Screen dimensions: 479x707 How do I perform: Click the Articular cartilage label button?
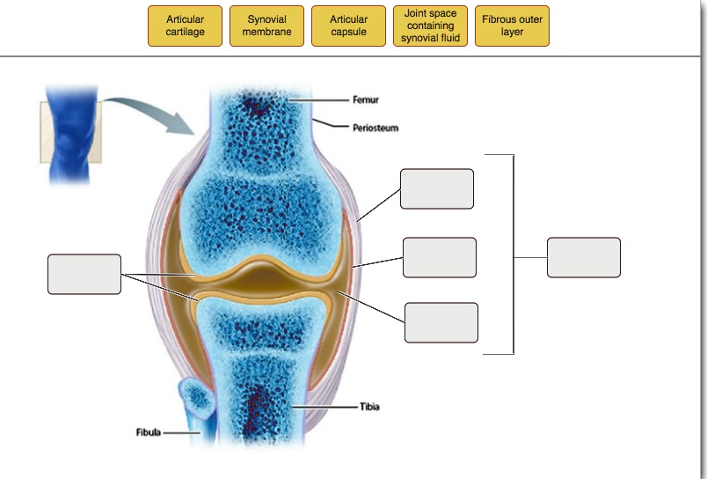point(185,26)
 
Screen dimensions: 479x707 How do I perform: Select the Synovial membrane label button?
point(266,26)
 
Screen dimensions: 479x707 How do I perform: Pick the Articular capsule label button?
point(348,26)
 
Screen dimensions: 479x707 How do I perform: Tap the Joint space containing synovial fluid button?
point(430,26)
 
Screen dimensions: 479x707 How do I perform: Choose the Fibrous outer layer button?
point(512,26)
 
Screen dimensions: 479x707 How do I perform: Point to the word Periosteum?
point(375,129)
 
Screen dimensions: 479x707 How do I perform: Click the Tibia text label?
point(369,407)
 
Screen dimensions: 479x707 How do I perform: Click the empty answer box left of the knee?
point(84,274)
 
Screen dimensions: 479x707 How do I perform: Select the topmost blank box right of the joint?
point(436,188)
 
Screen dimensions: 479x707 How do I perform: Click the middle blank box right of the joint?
point(440,257)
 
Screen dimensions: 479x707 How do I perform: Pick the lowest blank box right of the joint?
point(441,322)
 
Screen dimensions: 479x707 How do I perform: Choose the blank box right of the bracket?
point(583,257)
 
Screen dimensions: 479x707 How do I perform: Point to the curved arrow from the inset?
point(149,110)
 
